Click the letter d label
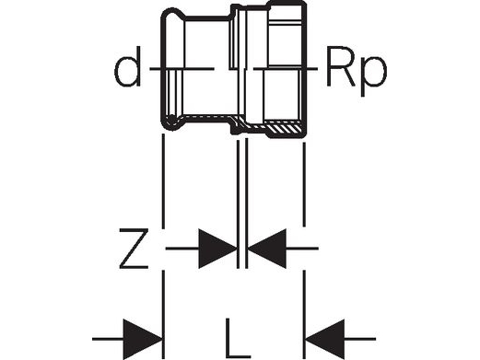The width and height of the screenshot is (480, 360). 129,70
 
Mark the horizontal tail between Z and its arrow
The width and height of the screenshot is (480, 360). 180,249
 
